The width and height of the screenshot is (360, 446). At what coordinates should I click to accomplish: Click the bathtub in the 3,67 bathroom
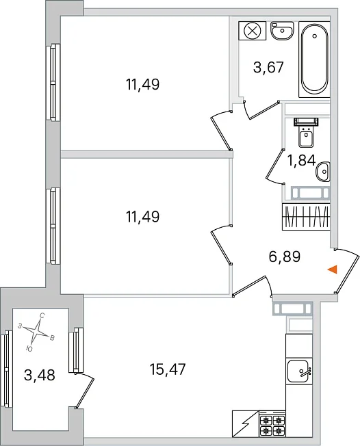pos(314,59)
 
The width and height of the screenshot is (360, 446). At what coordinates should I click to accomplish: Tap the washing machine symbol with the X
pos(253,31)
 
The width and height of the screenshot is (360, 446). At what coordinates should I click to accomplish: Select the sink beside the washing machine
pos(282,31)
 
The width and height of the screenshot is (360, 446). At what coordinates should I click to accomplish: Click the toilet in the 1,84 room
pos(306,133)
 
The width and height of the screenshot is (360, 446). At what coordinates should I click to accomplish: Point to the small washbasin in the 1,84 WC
pos(323,172)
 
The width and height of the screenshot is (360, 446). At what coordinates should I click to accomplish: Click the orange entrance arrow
pos(333,270)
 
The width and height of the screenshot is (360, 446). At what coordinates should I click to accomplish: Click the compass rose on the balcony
pos(36,331)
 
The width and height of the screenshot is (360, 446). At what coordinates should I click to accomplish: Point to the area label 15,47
pos(168,369)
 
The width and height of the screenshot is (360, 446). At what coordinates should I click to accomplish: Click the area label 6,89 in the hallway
pos(284,257)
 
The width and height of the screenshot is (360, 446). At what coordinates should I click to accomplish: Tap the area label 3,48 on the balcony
pos(40,375)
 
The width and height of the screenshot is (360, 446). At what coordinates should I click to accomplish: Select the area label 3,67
pos(269,68)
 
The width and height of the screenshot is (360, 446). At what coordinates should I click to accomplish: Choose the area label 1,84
pos(301,161)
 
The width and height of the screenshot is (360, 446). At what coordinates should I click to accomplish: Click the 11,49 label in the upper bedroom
pos(142,84)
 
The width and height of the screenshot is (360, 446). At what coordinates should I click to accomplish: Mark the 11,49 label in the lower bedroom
pos(142,217)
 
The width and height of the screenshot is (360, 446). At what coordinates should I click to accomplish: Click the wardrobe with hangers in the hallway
pos(306,217)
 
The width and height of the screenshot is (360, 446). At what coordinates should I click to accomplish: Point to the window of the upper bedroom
pos(53,82)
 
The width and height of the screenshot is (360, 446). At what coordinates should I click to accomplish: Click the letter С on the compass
pos(42,315)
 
